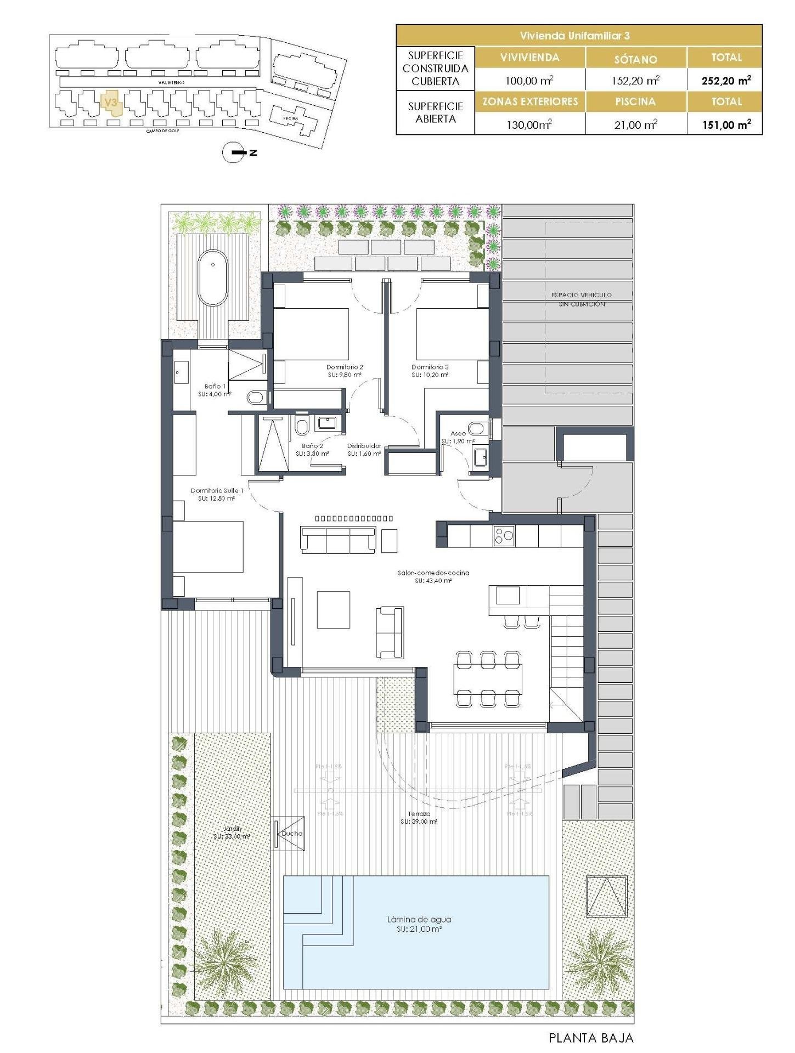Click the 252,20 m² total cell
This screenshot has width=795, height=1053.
click(x=725, y=81)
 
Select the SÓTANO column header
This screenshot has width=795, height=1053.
click(x=636, y=59)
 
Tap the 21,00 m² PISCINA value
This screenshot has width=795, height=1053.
click(x=636, y=124)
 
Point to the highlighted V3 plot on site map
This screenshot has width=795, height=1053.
click(x=111, y=103)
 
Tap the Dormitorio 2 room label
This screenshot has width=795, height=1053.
click(x=344, y=371)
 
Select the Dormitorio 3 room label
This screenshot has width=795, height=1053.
click(x=430, y=371)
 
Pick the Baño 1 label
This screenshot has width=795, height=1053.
click(x=215, y=389)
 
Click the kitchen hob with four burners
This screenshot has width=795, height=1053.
click(x=503, y=535)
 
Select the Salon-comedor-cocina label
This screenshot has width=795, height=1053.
click(x=433, y=576)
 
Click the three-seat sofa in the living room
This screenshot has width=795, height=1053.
click(x=338, y=540)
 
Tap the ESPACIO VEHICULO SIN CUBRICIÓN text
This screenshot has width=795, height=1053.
click(x=582, y=299)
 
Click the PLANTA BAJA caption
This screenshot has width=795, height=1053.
click(x=591, y=1038)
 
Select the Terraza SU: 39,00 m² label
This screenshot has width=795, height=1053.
click(x=419, y=818)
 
